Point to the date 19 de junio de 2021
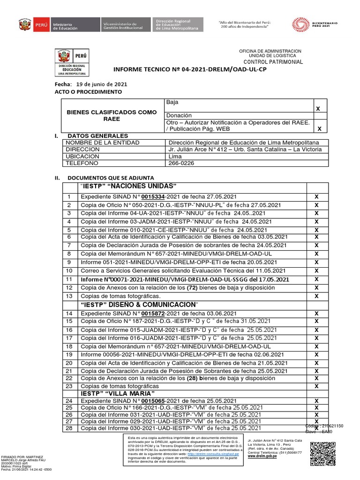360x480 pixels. (x=102, y=84)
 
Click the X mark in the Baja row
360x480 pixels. (x=318, y=108)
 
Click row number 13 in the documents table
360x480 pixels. (x=69, y=296)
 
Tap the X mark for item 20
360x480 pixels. (x=316, y=363)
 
